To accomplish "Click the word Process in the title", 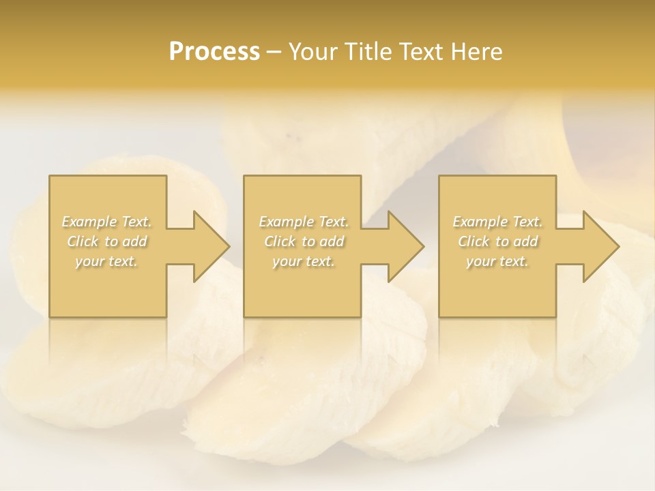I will [x=214, y=52].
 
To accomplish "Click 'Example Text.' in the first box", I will [x=106, y=222].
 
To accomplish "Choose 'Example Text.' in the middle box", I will [x=304, y=222].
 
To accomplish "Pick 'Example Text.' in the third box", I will [x=497, y=222].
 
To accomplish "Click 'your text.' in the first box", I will [x=106, y=261].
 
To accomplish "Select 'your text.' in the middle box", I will [x=304, y=261].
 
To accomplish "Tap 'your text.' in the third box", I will [x=497, y=261].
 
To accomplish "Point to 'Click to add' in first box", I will [x=106, y=241].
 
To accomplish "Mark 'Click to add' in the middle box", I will [x=304, y=241].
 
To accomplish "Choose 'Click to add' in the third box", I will [x=497, y=241].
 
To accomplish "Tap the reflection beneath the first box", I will [x=108, y=341].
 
